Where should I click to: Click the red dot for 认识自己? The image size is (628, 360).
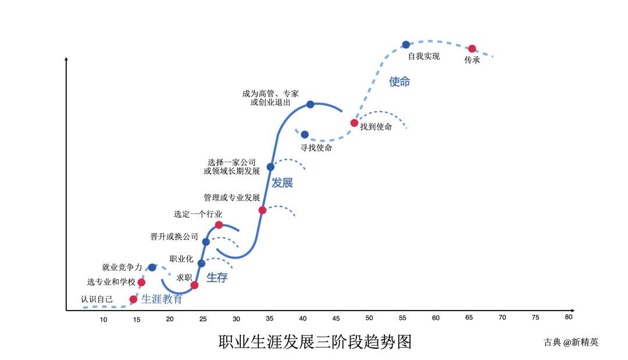[x=133, y=300]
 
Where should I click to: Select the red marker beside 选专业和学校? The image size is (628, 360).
[x=141, y=282]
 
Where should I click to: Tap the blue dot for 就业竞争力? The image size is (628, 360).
[x=152, y=268]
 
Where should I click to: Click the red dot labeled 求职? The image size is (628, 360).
[x=194, y=285]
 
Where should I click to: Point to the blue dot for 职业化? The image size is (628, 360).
[x=201, y=263]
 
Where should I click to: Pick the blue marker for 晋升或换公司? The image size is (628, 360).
[x=206, y=242]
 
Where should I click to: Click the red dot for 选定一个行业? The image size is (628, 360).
[x=219, y=225]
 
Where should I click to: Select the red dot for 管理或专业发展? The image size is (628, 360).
[x=262, y=210]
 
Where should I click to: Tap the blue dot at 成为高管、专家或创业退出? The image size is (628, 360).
[x=311, y=105]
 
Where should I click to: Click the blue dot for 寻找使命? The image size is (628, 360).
[x=305, y=134]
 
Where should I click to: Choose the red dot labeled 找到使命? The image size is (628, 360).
[x=354, y=123]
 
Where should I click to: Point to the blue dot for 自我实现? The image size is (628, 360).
[x=406, y=45]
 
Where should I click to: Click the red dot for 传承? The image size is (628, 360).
[x=472, y=49]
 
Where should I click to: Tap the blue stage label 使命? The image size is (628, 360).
[x=399, y=82]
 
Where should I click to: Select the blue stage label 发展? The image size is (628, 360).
[x=283, y=183]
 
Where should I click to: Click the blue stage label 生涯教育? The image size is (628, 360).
[x=162, y=299]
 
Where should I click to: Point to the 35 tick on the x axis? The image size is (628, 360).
[x=270, y=319]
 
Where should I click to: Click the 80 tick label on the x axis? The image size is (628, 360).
[x=569, y=317]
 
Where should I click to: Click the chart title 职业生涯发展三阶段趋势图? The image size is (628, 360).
[x=315, y=342]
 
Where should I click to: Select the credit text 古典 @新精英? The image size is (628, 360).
[x=571, y=342]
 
